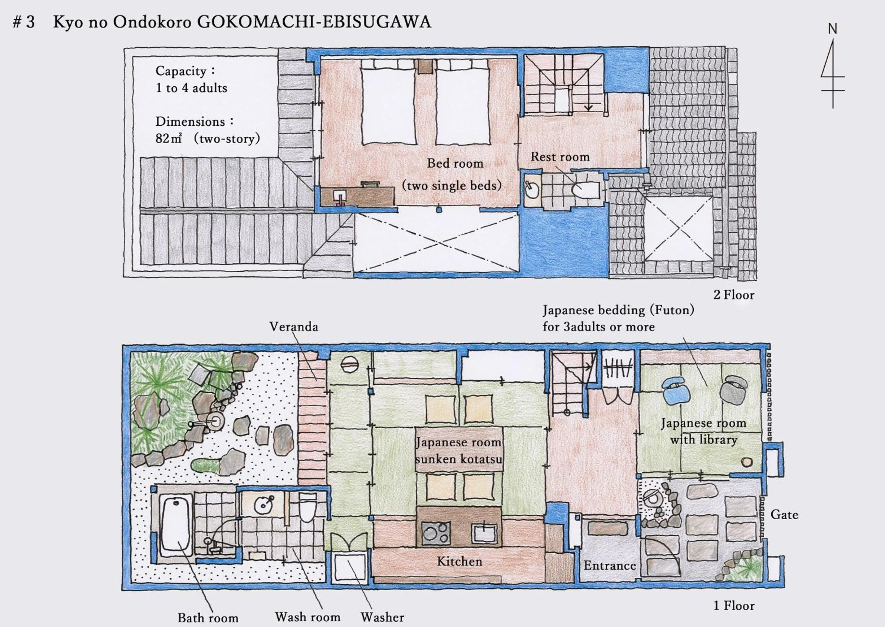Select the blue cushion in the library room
point(676,390)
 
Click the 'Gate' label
point(784,515)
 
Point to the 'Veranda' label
point(293,327)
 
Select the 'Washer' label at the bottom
point(382,617)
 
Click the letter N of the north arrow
point(833,29)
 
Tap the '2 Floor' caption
point(733,295)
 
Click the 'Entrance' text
point(609,566)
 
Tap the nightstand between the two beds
point(426,66)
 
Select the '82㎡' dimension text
point(168,139)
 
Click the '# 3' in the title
point(23,22)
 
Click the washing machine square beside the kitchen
point(349,566)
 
